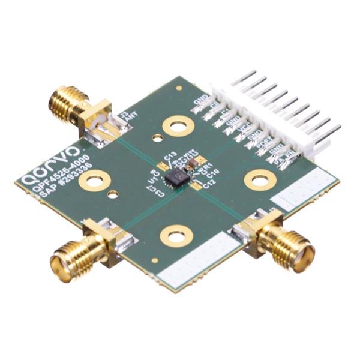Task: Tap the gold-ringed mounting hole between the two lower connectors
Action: (x=176, y=236)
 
